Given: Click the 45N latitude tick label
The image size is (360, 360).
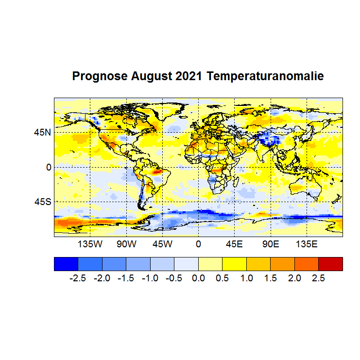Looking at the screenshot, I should click(x=42, y=132).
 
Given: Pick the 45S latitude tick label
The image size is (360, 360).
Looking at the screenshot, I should click(x=42, y=201).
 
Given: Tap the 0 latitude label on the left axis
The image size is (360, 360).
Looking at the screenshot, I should click(x=49, y=167).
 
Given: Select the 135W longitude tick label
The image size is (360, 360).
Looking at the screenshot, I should click(x=90, y=243).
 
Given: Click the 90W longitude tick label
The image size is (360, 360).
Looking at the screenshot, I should click(x=126, y=243).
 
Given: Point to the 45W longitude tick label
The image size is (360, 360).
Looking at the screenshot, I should click(x=162, y=243).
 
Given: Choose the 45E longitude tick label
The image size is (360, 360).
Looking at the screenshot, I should click(x=234, y=243).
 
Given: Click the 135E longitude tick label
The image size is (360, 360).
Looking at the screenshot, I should click(x=307, y=243).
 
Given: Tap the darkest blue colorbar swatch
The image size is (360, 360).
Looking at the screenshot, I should click(x=66, y=263).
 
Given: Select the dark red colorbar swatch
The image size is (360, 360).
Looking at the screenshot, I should click(x=330, y=263).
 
